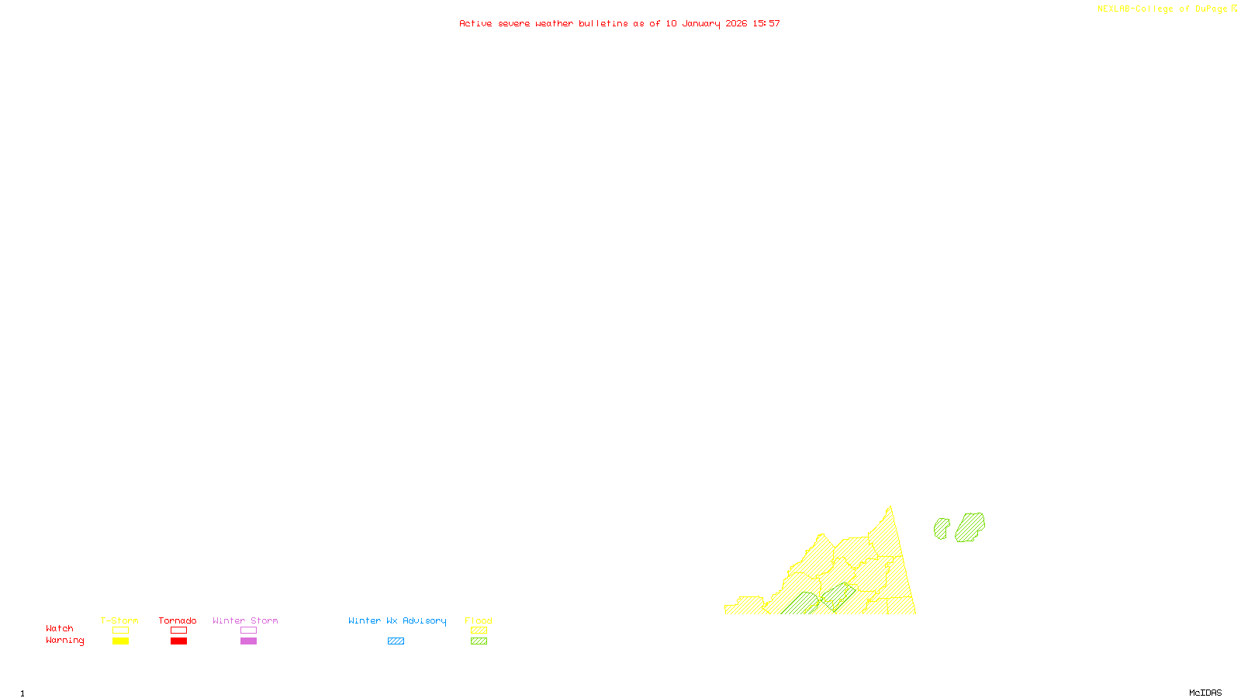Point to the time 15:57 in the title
coord(766,24)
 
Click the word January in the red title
coord(701,24)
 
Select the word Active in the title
coord(475,24)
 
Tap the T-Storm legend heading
coord(119,620)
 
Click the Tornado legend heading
coord(178,620)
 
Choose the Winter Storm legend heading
coord(245,620)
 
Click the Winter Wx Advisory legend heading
coord(397,620)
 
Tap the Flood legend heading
coord(479,620)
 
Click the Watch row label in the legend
coord(60,628)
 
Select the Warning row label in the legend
coord(64,641)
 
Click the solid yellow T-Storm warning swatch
coord(120,641)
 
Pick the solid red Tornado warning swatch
coord(178,641)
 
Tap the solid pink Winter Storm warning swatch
coord(248,641)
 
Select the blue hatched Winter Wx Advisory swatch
coord(396,641)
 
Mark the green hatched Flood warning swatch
coord(479,641)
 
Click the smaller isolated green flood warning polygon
coord(942,529)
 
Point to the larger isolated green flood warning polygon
coord(970,527)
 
